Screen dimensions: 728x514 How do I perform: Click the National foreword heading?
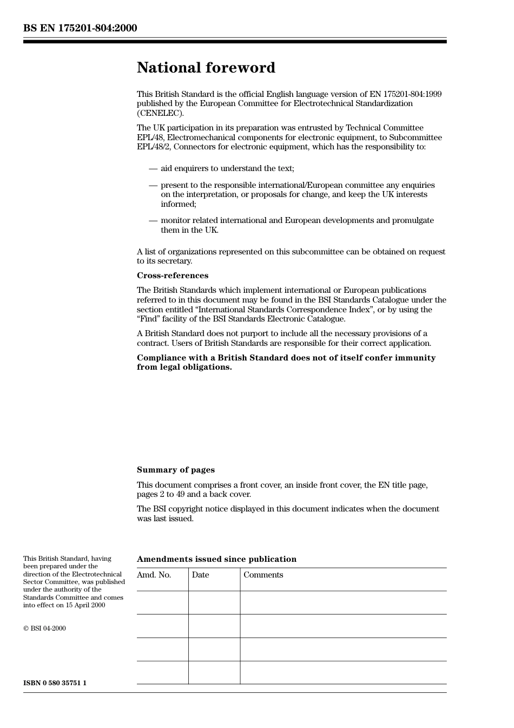[x=206, y=68]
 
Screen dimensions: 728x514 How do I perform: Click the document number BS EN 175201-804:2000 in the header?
[x=80, y=28]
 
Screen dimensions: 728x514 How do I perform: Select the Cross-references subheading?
[x=172, y=276]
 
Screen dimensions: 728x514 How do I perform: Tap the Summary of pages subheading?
[x=175, y=470]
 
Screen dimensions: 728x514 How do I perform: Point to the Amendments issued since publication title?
[x=216, y=559]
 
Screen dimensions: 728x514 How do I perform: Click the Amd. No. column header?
[x=154, y=575]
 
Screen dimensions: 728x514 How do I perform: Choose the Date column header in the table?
[x=200, y=575]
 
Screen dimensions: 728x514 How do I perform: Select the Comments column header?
[x=263, y=575]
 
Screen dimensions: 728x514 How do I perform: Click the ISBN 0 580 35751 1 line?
[x=55, y=683]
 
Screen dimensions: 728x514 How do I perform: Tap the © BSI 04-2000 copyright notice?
[x=44, y=628]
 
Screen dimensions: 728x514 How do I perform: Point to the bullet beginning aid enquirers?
[x=227, y=168]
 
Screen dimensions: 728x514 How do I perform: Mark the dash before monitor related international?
[x=153, y=220]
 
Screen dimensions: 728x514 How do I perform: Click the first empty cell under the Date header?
[x=214, y=602]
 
